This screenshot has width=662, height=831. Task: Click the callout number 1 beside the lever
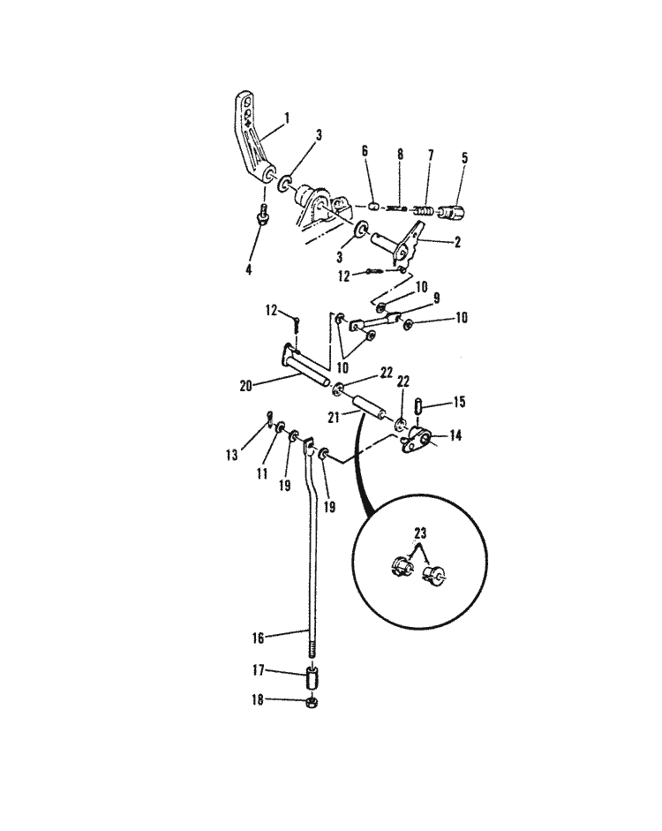[x=286, y=117]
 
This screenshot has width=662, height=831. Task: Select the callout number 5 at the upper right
[x=464, y=160]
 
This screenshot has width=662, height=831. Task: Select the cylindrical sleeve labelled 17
[x=310, y=682]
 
